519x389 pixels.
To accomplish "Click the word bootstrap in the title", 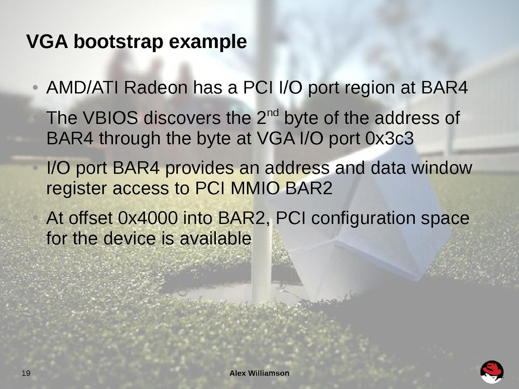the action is coord(118,42).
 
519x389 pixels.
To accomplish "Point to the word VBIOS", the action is coord(110,118).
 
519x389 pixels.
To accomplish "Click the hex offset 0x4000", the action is coord(147,218).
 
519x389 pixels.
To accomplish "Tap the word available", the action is coord(216,238).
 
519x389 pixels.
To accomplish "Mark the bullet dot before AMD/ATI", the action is coord(35,88).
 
